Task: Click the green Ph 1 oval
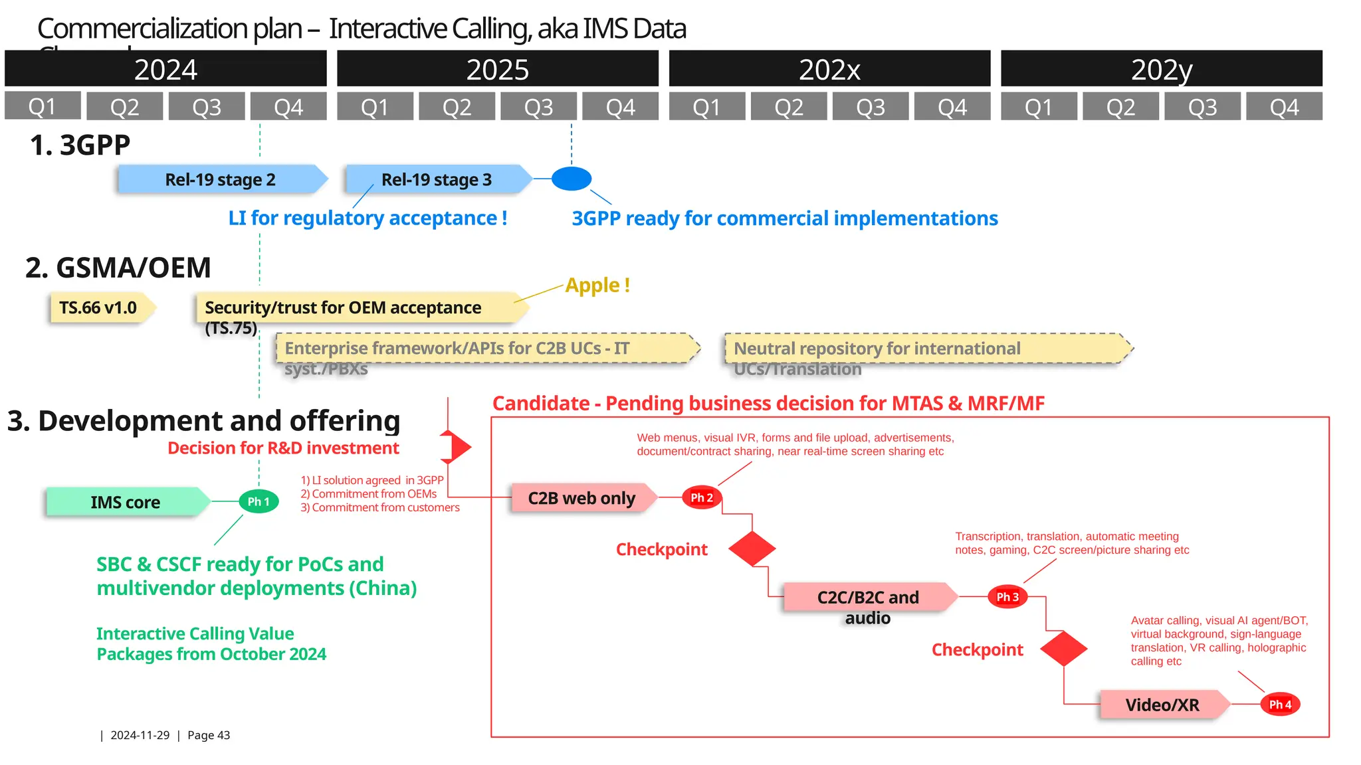click(x=259, y=501)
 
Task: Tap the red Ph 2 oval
click(x=702, y=497)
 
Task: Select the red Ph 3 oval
click(x=1007, y=597)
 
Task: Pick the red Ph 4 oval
click(x=1280, y=705)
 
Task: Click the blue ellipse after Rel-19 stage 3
click(x=572, y=179)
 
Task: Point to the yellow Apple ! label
click(x=597, y=286)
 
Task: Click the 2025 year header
click(x=497, y=69)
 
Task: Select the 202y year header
click(x=1161, y=69)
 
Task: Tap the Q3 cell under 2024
click(x=207, y=107)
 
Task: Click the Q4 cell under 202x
click(x=952, y=107)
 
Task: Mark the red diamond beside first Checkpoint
click(x=752, y=549)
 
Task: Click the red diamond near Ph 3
click(x=1063, y=649)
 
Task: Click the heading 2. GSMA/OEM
click(x=118, y=268)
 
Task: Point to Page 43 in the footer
click(x=209, y=735)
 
